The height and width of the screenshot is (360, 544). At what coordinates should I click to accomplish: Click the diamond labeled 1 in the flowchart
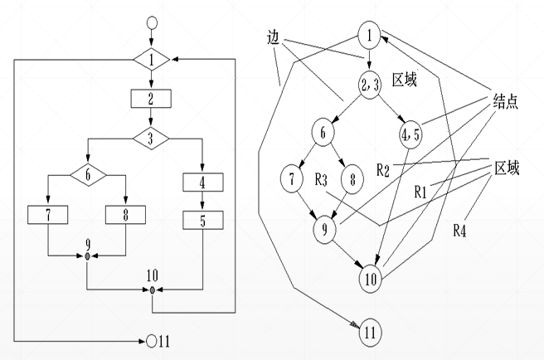point(151,61)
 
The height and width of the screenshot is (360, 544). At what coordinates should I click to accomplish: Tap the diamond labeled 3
point(151,137)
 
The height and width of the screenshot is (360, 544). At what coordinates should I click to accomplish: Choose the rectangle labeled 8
point(125,215)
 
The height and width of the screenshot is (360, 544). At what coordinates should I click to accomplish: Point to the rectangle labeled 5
point(202,221)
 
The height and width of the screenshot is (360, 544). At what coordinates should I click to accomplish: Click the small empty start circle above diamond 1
point(151,22)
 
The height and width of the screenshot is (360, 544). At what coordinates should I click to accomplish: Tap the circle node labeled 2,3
point(369,83)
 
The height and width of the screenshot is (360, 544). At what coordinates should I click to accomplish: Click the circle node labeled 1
point(370,35)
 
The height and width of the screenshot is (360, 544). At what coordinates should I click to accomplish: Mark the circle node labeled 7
point(292,178)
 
